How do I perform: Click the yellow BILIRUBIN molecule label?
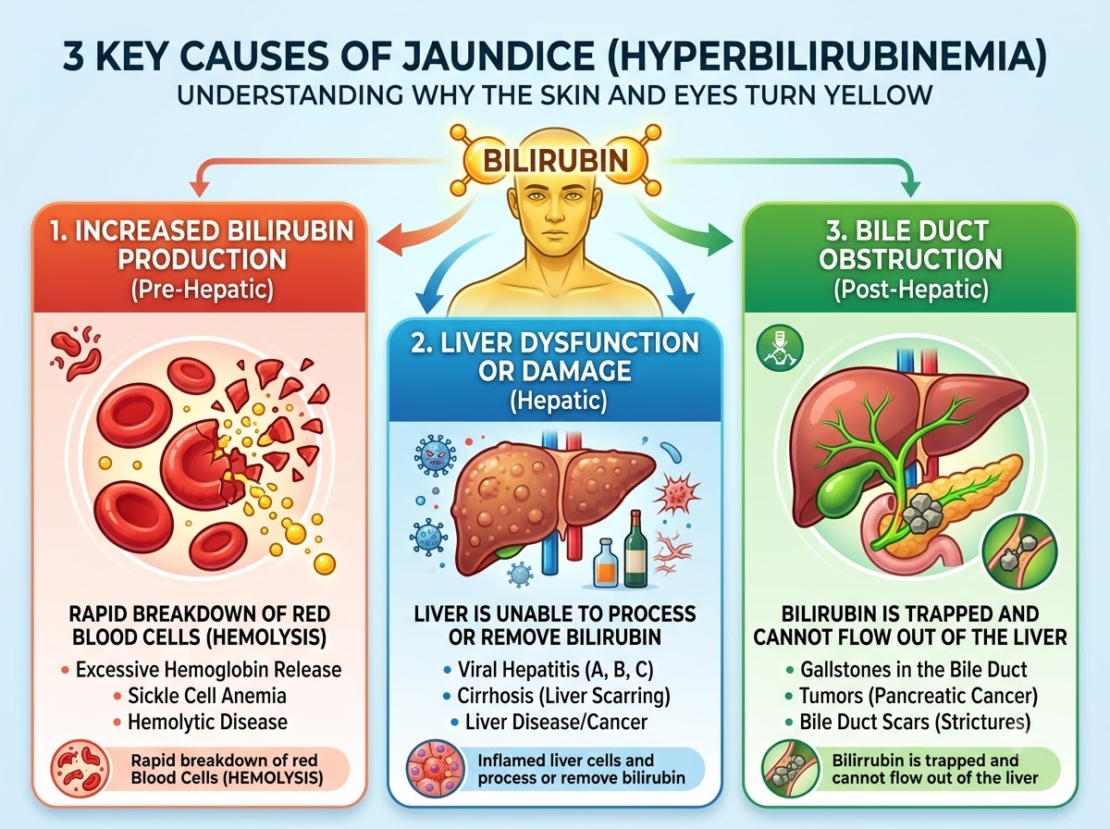point(555,161)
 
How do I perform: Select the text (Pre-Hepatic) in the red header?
point(203,290)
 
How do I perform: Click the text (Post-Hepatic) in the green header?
point(911,290)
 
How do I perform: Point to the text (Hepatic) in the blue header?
point(558,402)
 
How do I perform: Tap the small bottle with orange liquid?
point(606,563)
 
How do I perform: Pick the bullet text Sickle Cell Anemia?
point(207,696)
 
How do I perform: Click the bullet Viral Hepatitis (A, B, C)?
point(555,670)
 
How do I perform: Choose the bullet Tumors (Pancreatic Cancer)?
point(918,696)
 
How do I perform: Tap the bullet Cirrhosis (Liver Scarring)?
point(563,696)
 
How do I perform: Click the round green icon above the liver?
point(780,349)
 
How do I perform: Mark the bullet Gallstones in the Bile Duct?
point(913,670)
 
